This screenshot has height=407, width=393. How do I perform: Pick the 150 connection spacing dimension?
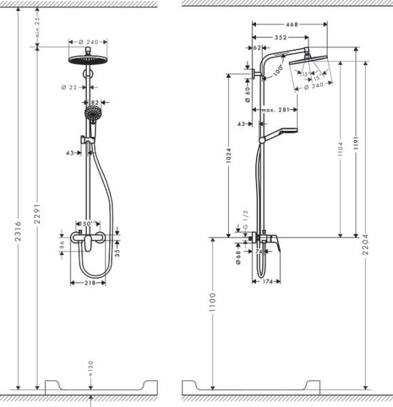pos(88,224)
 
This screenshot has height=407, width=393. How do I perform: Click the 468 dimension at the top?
pos(292,25)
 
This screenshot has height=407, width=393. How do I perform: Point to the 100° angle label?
pos(278,70)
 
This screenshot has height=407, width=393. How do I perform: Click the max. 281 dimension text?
pos(275,110)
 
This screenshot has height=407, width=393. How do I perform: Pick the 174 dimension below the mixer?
pos(266,281)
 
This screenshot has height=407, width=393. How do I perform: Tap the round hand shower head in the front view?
pos(91,113)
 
